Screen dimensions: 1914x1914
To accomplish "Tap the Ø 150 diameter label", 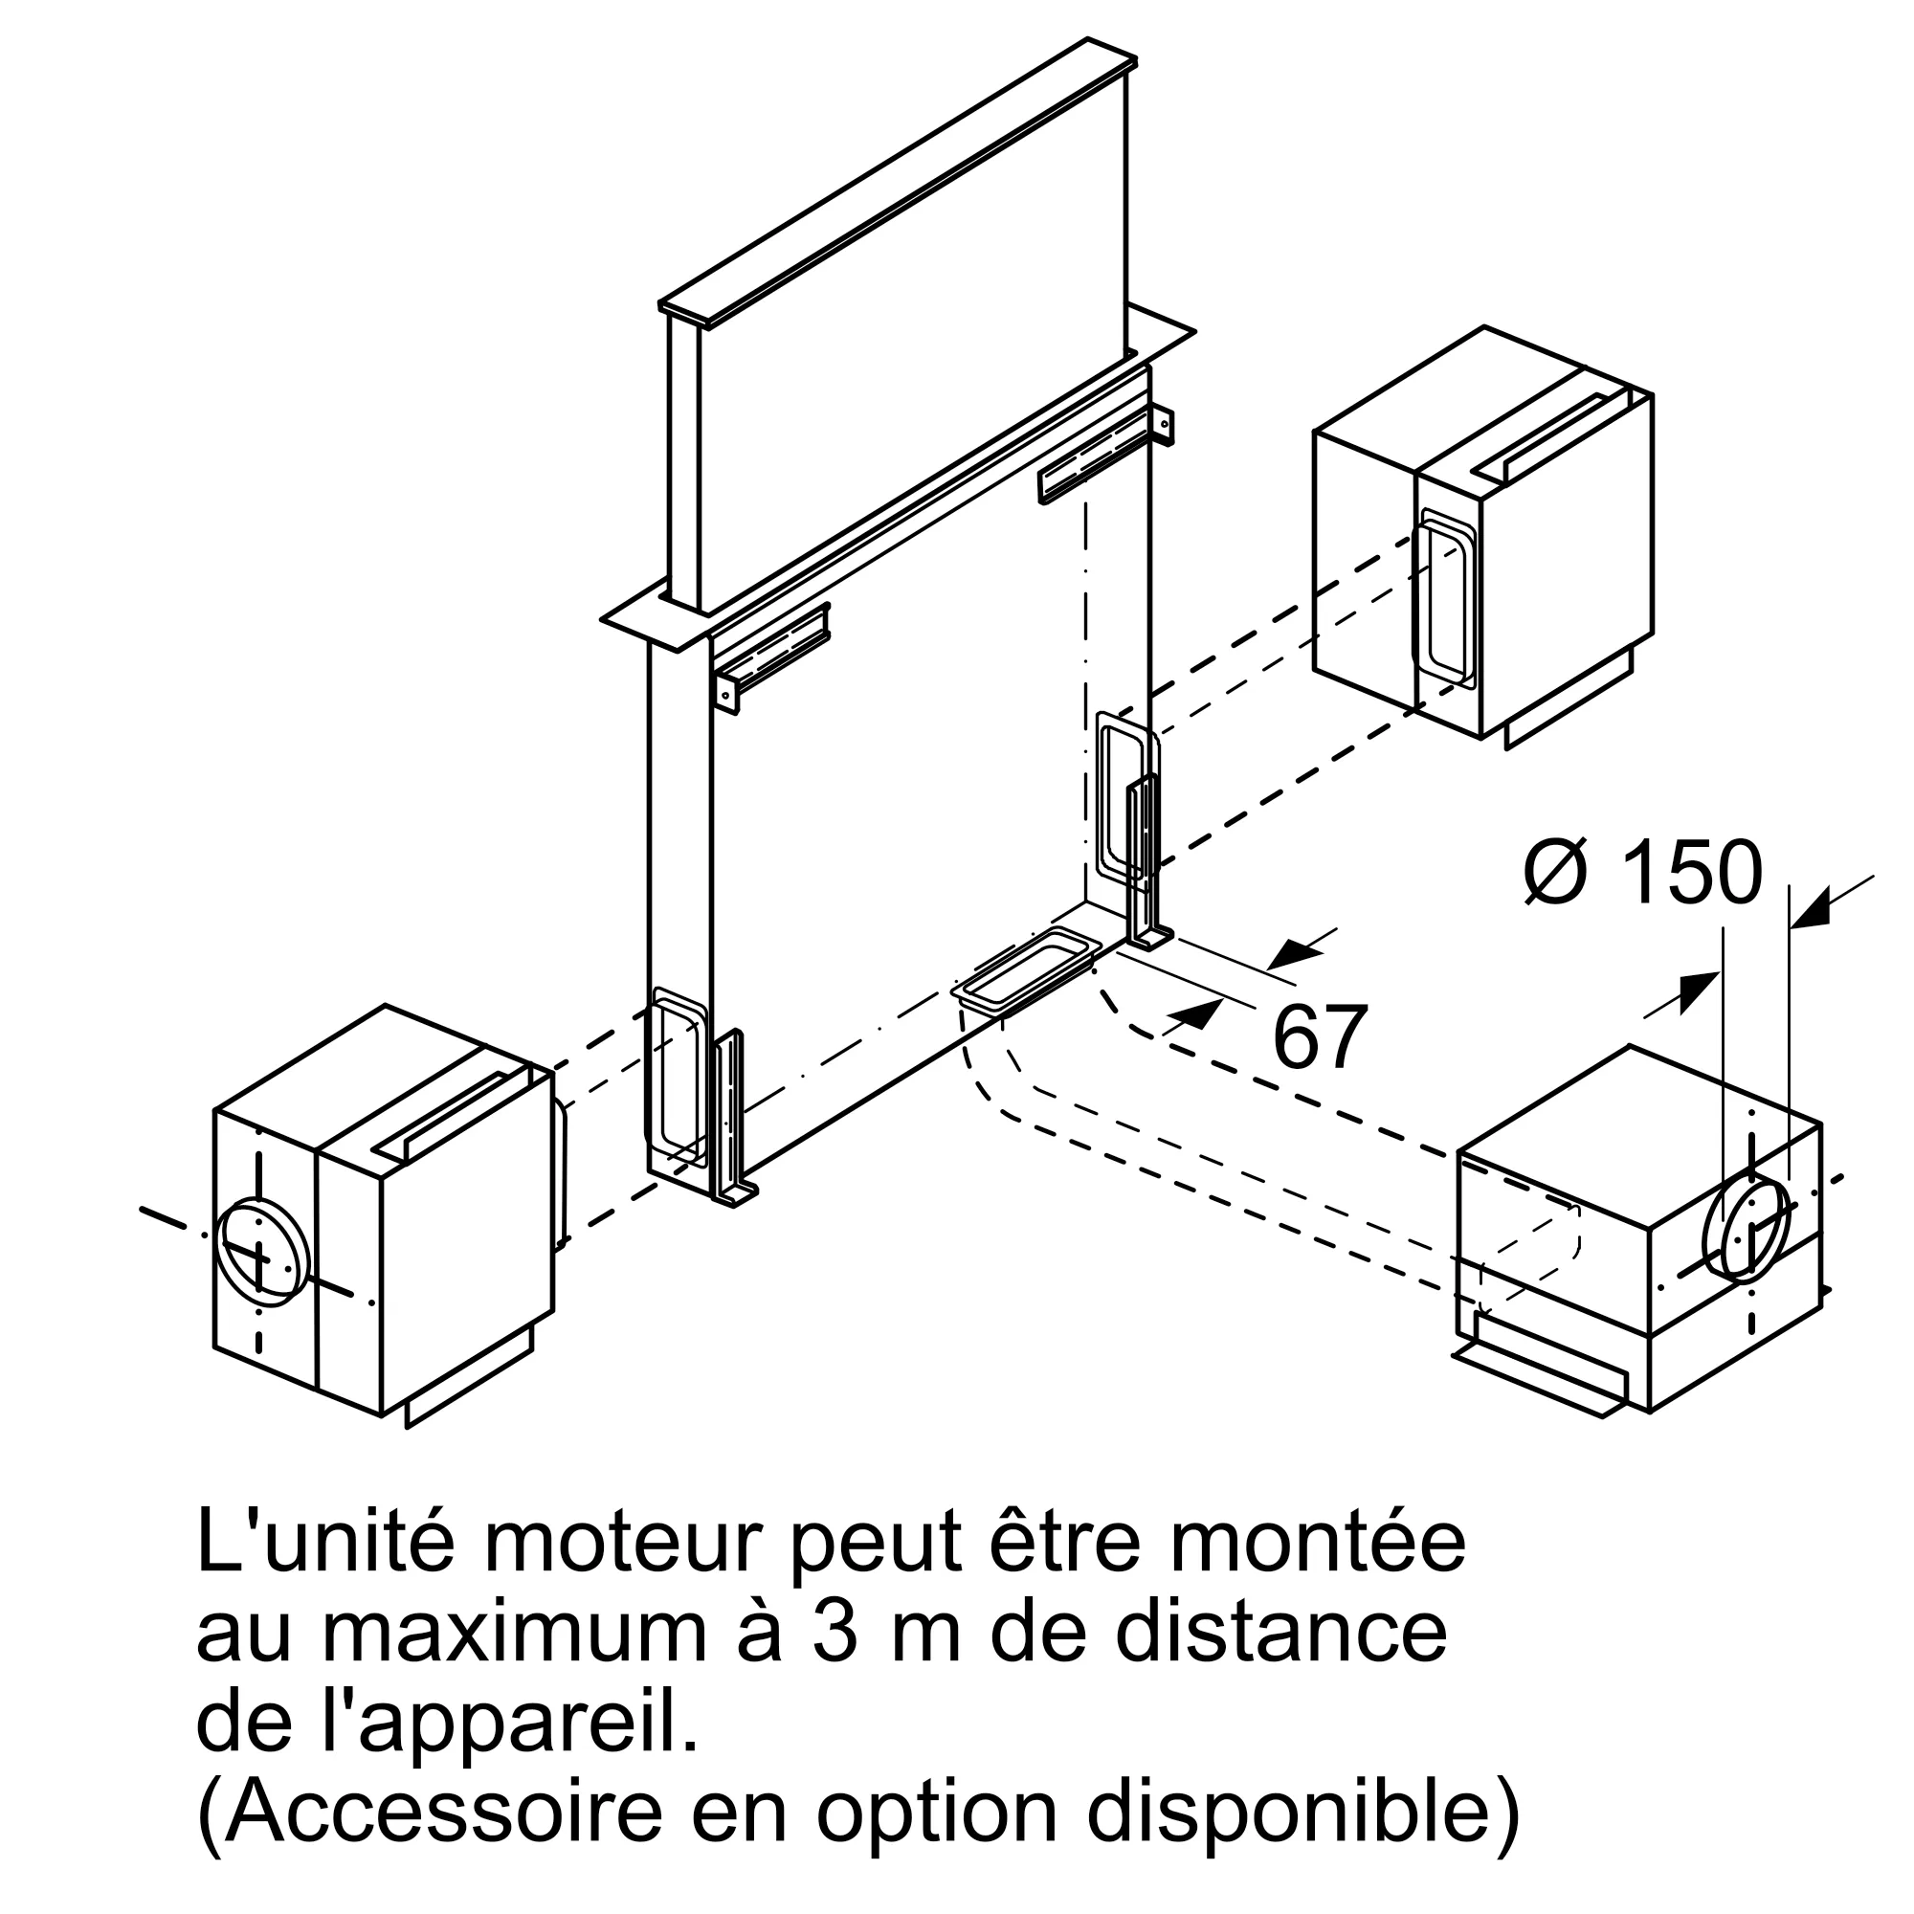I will click(x=1642, y=873).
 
